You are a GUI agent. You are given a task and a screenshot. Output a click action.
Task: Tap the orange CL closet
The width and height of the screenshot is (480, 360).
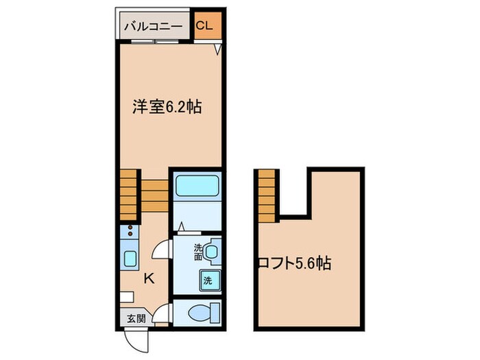[205, 27]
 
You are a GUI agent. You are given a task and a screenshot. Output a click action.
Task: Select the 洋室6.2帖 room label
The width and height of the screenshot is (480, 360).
[167, 107]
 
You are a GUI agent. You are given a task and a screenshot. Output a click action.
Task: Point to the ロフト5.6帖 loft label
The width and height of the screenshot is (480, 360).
[294, 263]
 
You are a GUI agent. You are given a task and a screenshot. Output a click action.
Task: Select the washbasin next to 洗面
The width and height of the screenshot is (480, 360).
[211, 252]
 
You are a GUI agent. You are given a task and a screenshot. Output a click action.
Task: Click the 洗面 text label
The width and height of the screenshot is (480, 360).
[197, 252]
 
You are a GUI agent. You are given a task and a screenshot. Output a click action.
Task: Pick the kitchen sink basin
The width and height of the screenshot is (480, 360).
[129, 259]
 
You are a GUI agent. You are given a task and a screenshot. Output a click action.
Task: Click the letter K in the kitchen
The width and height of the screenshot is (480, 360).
[147, 278]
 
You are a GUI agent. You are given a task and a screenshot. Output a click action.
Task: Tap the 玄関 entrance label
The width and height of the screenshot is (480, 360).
[136, 318]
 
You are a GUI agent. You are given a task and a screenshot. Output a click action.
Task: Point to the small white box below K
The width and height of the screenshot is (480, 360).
[125, 296]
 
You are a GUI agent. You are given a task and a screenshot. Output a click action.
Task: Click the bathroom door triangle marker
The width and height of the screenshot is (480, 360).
[181, 226]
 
